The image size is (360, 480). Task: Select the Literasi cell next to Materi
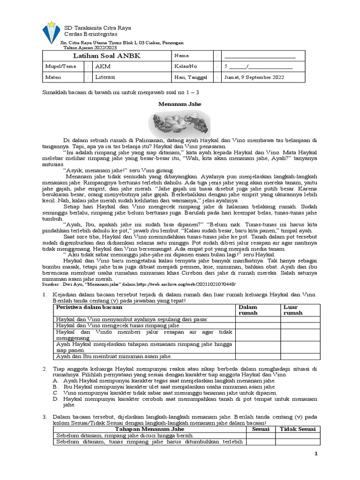click(105, 77)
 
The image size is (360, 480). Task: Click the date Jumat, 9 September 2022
click(254, 77)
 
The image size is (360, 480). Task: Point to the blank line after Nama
click(260, 56)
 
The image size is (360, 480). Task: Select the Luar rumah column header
click(293, 310)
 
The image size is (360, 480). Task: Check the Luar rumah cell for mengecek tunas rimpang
click(300, 325)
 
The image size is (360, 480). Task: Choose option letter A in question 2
click(55, 381)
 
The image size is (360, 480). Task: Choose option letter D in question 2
click(55, 399)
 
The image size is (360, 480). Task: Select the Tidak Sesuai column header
click(298, 429)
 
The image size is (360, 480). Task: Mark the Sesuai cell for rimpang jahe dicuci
click(261, 435)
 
